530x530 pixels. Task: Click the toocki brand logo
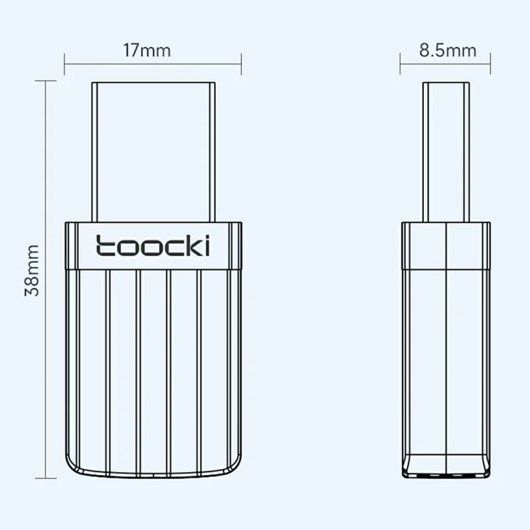point(153,245)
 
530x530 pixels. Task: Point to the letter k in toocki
point(192,245)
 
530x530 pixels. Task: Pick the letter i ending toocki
point(207,245)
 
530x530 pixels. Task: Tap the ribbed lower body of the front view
point(153,371)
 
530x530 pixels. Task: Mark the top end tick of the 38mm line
point(45,81)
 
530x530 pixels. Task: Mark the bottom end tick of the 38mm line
point(45,477)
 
